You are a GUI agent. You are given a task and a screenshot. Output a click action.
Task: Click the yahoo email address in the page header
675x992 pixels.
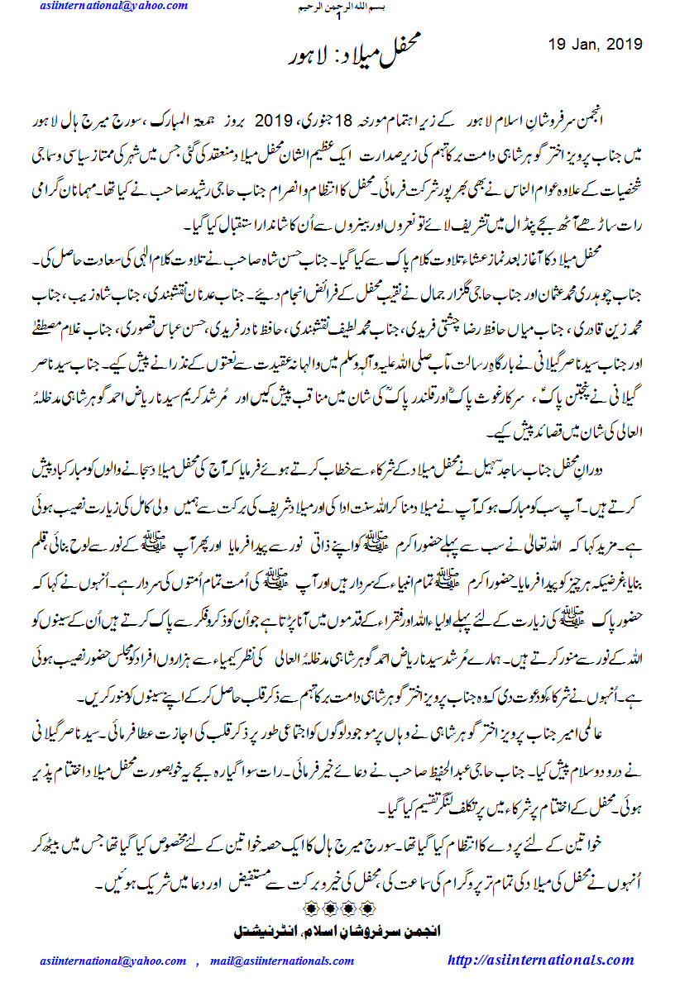(114, 7)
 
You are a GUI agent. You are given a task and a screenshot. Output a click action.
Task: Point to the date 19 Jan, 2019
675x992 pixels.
(596, 44)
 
